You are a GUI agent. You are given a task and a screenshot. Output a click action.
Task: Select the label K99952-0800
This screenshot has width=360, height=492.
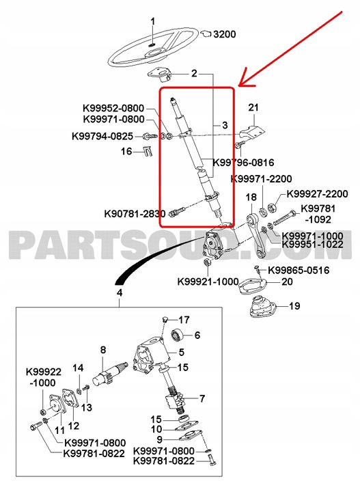coord(113,107)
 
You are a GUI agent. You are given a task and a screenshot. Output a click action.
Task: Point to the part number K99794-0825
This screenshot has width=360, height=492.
coord(107,136)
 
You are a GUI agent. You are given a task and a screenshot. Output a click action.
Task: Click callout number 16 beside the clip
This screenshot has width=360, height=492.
coord(126,152)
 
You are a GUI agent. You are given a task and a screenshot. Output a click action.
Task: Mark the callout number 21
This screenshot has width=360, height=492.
coord(253,107)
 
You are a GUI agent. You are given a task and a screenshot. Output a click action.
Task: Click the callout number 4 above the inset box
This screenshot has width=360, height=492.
coord(120,293)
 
